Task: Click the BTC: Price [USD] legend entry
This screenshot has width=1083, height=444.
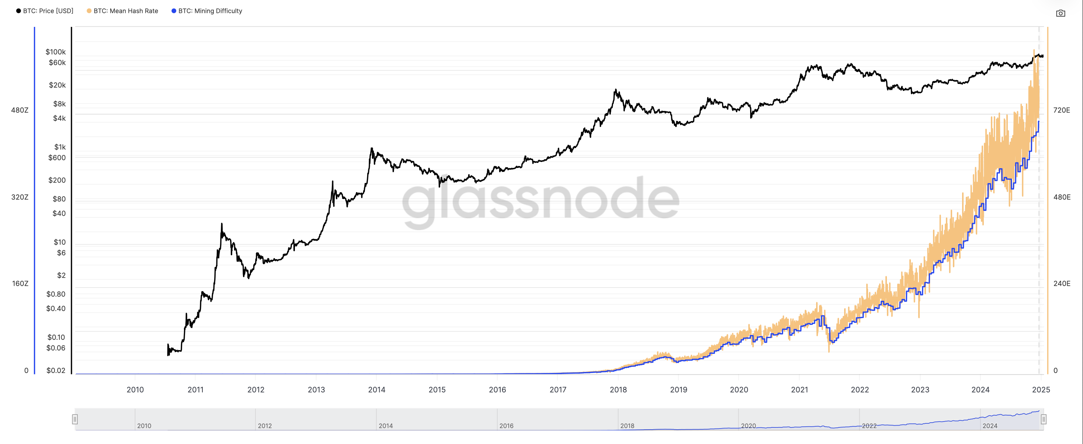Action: coord(45,11)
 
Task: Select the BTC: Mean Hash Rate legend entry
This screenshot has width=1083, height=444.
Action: coord(122,11)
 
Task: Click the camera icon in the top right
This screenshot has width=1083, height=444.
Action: coord(1060,14)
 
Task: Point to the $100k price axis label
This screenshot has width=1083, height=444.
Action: coord(56,52)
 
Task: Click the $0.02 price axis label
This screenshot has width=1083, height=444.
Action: coord(56,370)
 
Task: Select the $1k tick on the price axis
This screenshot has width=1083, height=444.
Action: coord(60,147)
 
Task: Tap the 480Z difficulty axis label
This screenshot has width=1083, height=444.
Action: coord(20,110)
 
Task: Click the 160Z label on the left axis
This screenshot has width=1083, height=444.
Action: coord(20,283)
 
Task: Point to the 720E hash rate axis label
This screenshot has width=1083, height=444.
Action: coord(1061,110)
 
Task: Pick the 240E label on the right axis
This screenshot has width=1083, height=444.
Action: coord(1062,283)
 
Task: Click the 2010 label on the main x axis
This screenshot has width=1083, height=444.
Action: coord(135,390)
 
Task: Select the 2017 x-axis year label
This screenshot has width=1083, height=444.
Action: coord(557,390)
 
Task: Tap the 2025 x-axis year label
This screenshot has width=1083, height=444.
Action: coord(1041,390)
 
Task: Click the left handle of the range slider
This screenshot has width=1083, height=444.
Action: coord(75,419)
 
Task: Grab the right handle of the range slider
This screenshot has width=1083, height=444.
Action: coord(1044,419)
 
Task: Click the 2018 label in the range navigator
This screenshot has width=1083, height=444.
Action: coord(627,426)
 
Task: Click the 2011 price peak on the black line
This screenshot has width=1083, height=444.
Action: coord(222,224)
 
